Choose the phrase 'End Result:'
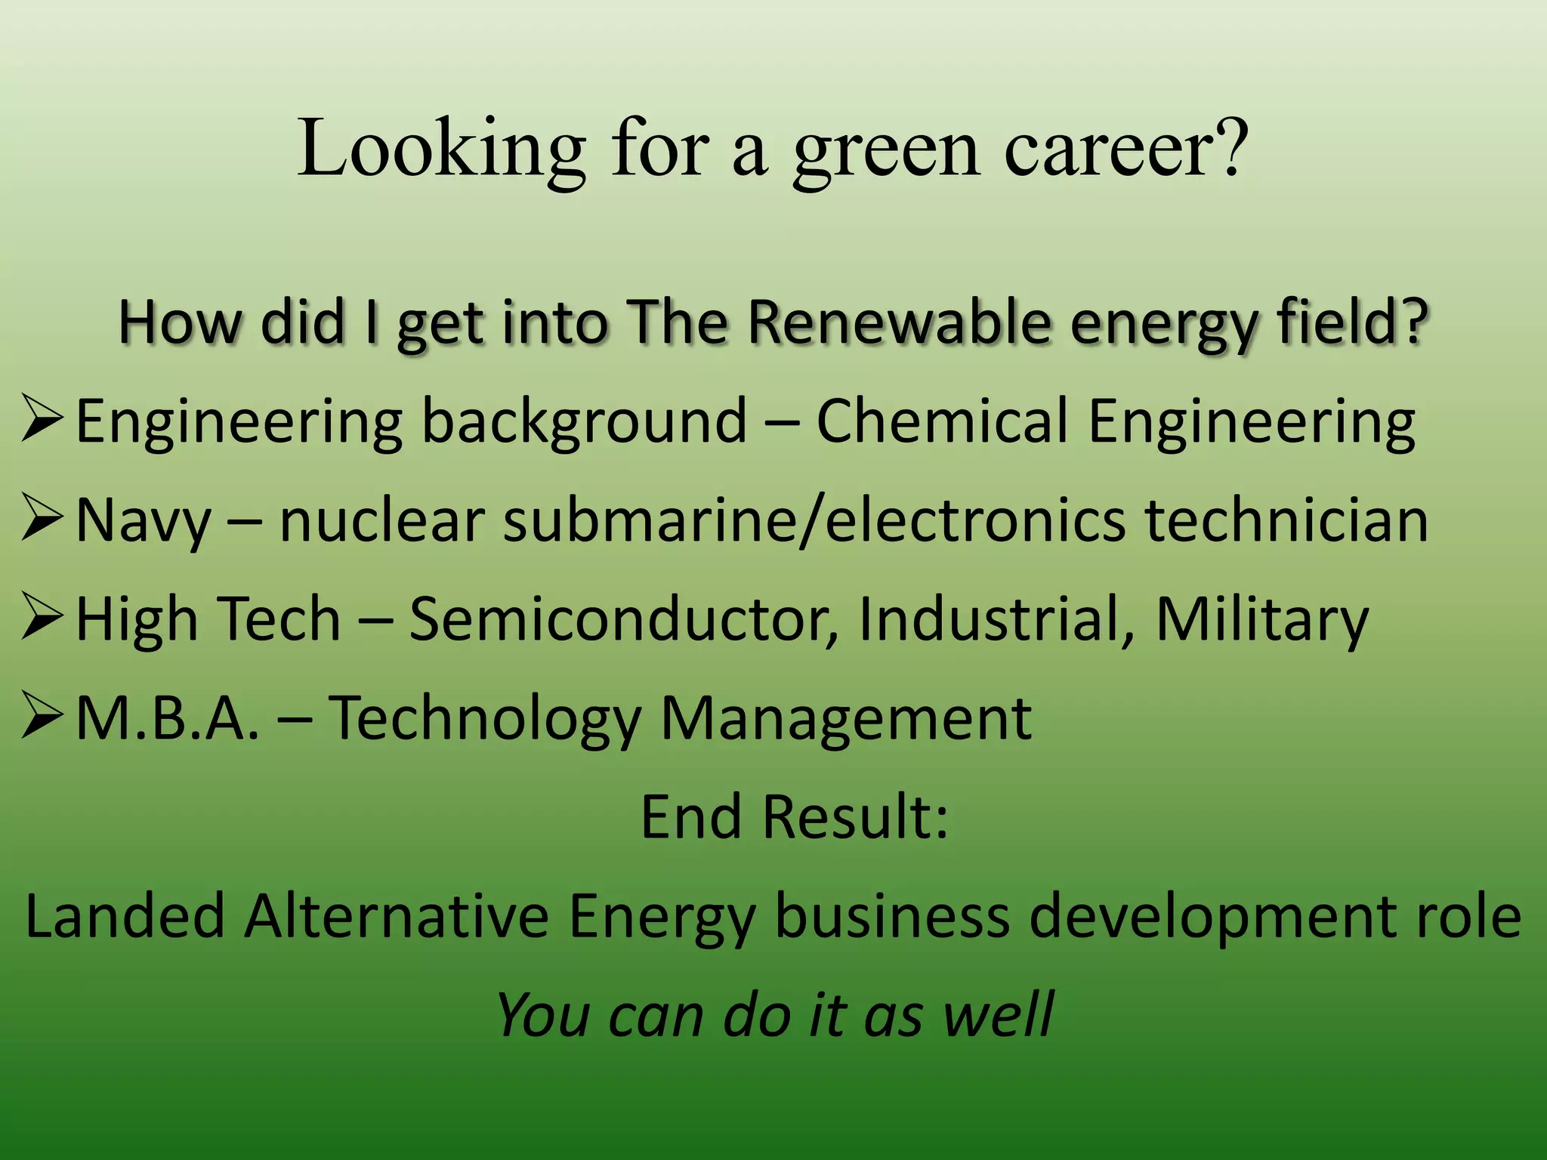point(794,817)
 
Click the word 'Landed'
point(125,916)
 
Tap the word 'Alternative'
point(396,916)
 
